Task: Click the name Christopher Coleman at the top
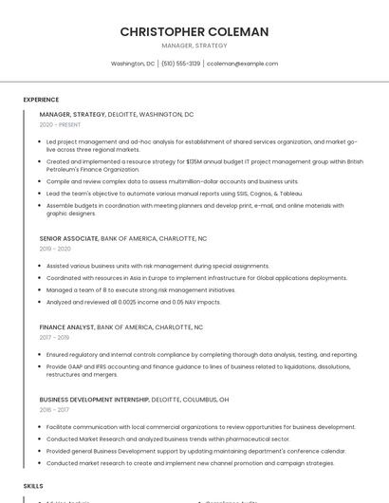194,32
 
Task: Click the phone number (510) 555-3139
180,64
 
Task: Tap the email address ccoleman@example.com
242,64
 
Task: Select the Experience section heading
41,99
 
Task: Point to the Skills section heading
33,485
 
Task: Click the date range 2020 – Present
60,124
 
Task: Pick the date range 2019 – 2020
55,249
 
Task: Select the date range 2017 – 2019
54,337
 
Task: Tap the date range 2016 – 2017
54,410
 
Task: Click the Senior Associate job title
68,238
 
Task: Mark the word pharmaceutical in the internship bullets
233,439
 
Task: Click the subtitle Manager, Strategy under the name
194,46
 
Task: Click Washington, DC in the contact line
133,64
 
